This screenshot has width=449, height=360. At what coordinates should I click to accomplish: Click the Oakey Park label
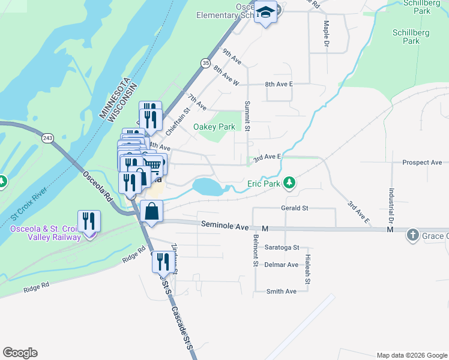coord(214,127)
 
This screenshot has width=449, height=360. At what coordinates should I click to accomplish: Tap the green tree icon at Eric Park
coord(290,182)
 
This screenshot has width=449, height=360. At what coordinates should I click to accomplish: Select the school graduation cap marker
coord(265,13)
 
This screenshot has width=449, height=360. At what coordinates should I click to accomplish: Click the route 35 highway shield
coord(206,62)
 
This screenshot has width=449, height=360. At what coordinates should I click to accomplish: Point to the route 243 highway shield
coord(47,138)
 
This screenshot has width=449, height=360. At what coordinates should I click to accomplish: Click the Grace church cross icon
coord(413,235)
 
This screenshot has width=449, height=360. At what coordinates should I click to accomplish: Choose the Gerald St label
coord(294,208)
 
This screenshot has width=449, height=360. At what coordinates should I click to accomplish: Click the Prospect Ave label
coord(422,163)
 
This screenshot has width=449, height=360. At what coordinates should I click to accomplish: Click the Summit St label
coord(247,115)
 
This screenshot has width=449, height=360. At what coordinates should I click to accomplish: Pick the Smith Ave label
coord(282,292)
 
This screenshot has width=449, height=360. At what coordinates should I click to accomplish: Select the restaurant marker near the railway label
coord(89,222)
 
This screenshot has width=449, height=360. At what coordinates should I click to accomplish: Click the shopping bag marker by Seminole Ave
coord(152,212)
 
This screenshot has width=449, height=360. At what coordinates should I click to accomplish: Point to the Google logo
coord(20,353)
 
